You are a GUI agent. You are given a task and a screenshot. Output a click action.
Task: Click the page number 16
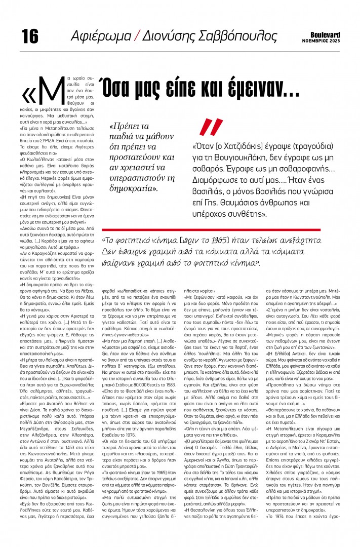[30, 36]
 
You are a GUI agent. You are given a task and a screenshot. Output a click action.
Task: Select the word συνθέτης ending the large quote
[239, 214]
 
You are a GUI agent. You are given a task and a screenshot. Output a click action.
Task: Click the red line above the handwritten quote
[218, 230]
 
